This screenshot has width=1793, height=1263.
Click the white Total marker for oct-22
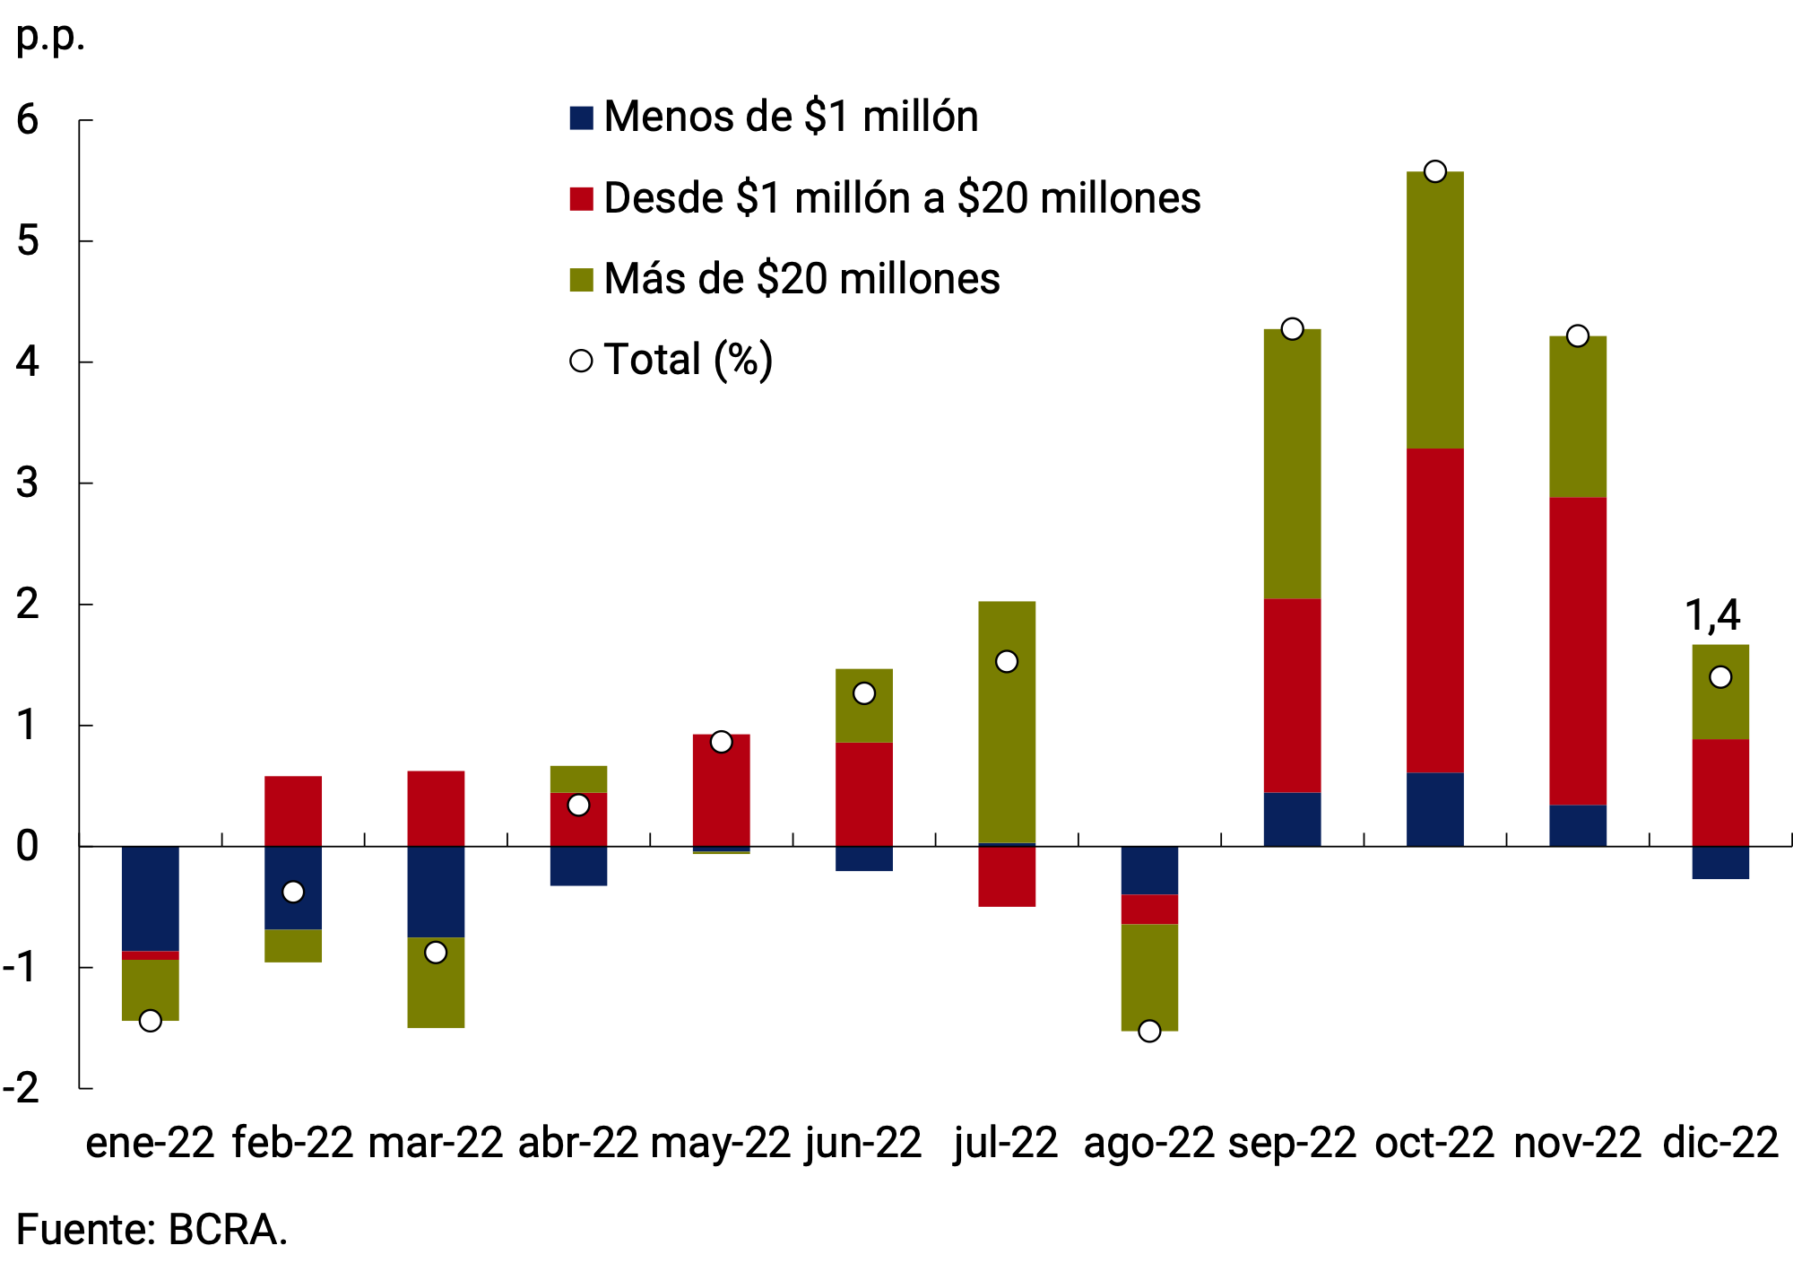(x=1434, y=171)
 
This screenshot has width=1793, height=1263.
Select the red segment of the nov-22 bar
(x=1577, y=650)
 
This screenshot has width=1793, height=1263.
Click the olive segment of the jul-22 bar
(x=1007, y=722)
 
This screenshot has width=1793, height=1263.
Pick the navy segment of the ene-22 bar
(x=150, y=898)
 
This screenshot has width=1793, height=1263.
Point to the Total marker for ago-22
(x=1149, y=1031)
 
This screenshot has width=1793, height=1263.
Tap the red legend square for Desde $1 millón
(x=581, y=198)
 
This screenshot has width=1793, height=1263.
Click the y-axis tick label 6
(x=28, y=120)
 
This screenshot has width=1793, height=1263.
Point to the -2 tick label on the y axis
(x=22, y=1088)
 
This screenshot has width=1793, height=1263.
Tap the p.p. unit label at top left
(x=50, y=37)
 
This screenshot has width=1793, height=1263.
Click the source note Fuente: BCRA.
(x=152, y=1230)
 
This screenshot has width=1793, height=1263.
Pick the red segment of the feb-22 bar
(x=293, y=811)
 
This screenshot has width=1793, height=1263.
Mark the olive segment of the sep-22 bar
(x=1292, y=464)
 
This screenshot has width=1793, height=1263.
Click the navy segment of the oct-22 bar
(x=1434, y=809)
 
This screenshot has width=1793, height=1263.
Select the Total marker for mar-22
(x=436, y=952)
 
